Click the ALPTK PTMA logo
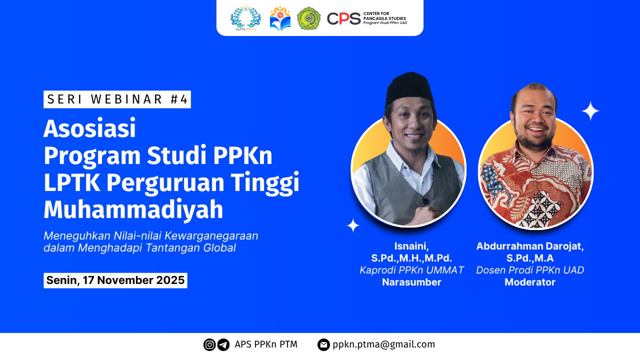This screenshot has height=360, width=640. [245, 18]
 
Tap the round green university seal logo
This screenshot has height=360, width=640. [308, 18]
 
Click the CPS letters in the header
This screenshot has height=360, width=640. [343, 19]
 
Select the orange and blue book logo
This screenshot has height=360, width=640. [280, 18]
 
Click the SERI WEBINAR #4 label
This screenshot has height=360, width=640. [117, 99]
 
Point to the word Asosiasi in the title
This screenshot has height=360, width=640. [89, 129]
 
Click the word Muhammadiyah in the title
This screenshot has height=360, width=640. [133, 210]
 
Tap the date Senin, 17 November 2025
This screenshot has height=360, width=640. [115, 280]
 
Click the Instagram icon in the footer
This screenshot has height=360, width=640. [209, 344]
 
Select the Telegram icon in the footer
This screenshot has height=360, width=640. [223, 344]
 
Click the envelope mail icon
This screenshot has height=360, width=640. [323, 344]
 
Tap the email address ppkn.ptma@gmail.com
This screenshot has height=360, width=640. [383, 344]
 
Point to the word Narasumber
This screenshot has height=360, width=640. [411, 282]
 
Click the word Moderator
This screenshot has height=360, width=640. [530, 282]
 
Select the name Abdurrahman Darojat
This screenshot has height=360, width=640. [530, 246]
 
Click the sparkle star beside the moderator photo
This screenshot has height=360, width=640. [590, 110]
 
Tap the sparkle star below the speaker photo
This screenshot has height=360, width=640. [353, 225]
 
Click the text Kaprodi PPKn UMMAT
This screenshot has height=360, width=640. [411, 270]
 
